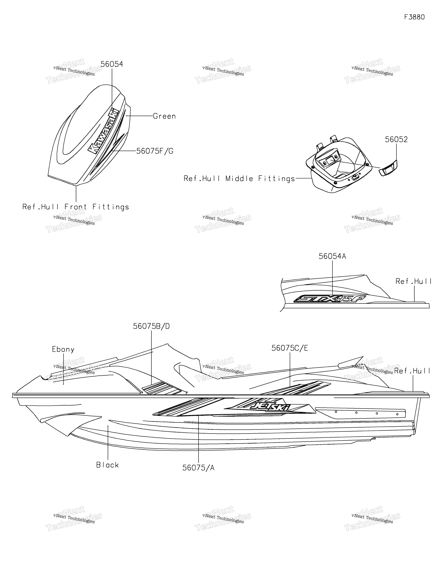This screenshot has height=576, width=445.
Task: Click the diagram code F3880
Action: [414, 17]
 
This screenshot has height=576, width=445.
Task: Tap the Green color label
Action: [164, 116]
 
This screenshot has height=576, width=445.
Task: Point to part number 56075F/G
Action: [155, 151]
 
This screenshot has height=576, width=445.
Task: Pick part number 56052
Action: [396, 139]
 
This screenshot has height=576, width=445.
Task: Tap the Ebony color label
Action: [63, 349]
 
